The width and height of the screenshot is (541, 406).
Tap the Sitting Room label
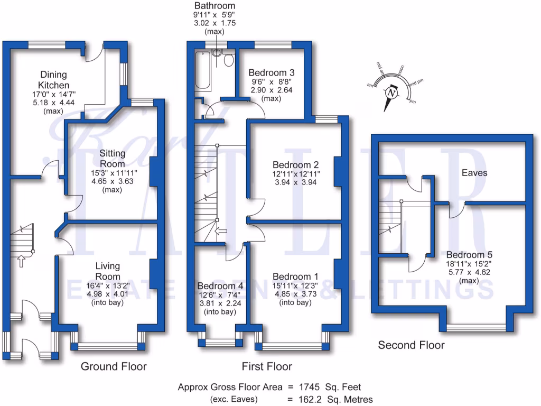[113, 159]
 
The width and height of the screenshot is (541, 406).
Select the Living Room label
[108, 271]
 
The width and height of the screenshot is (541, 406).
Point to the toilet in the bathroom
[228, 60]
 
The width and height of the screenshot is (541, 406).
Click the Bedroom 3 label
[271, 72]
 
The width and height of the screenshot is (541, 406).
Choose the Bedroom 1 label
[295, 276]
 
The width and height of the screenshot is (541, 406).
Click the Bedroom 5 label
[461, 254]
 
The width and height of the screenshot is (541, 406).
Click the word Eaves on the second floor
[474, 173]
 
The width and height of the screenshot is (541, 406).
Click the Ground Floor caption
[113, 366]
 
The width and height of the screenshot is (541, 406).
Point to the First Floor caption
[267, 366]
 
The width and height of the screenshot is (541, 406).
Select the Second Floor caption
[411, 345]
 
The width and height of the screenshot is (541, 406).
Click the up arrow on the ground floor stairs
[21, 260]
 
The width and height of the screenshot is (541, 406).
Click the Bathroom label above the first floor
[214, 6]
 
